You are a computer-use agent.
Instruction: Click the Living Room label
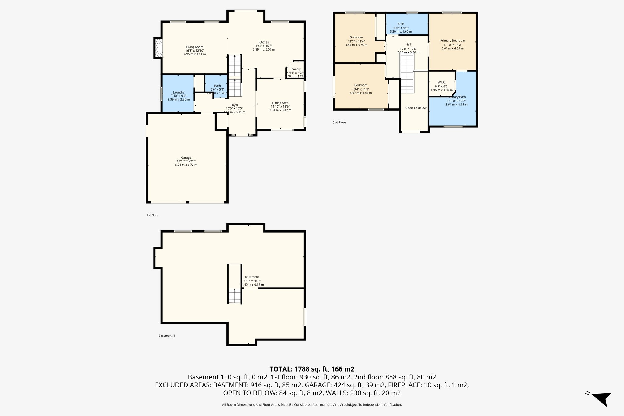195,47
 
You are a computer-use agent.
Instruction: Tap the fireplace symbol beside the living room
159,48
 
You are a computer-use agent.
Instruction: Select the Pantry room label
296,69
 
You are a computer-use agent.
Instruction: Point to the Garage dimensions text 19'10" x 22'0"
186,161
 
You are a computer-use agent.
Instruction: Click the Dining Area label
280,103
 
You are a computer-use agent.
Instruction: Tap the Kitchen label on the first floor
264,42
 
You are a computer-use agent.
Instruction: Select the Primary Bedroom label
452,41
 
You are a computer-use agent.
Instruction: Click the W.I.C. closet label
441,82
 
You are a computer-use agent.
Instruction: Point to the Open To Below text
416,108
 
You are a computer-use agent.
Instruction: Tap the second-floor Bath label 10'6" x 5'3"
401,24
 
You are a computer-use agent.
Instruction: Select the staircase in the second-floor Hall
407,75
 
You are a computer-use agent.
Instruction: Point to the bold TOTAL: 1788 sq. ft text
312,369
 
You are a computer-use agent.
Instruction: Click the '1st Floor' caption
152,215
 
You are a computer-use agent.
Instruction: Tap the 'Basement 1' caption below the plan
167,336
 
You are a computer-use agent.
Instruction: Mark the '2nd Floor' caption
339,123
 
